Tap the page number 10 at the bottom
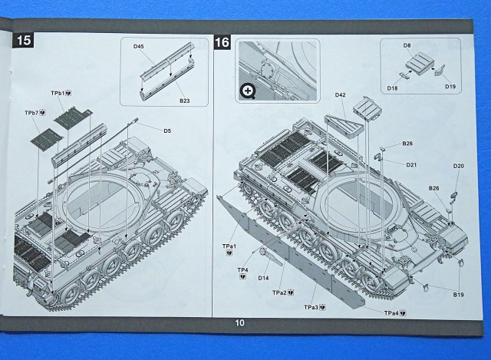[239, 323]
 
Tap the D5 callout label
[167, 130]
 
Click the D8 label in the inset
[407, 46]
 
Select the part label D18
[392, 88]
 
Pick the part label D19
[450, 86]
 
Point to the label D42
[341, 94]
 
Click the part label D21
[412, 165]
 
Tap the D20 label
[459, 167]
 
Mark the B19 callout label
[458, 295]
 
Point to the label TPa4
[393, 313]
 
